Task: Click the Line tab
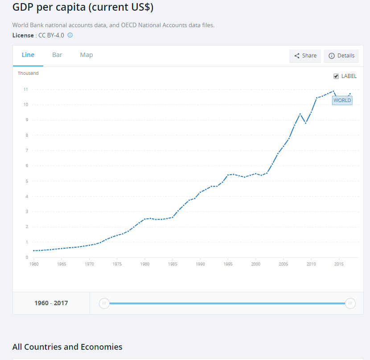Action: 28,55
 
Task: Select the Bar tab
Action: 57,55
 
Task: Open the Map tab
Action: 86,55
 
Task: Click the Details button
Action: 341,56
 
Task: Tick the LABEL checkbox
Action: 337,76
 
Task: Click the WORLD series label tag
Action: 342,100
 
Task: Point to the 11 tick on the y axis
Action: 26,90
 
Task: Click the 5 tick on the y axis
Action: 26,181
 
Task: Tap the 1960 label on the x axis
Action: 34,264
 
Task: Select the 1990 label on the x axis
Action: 200,264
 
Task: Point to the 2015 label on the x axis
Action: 339,264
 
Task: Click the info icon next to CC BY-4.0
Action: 70,35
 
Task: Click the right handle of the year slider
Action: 350,303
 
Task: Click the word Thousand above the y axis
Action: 28,73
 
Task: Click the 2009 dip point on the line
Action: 305,123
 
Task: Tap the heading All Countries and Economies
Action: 67,347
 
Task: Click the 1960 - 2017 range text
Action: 51,303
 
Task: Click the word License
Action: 23,35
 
